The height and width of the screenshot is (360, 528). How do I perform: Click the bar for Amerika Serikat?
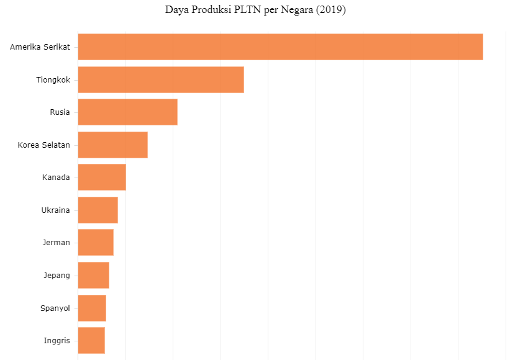point(280,47)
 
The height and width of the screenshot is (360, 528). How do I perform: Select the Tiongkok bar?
point(161,79)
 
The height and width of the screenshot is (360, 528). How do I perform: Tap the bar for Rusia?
point(127,112)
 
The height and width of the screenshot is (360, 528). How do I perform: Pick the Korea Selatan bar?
point(112,145)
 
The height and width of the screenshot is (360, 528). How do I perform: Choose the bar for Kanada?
point(102,178)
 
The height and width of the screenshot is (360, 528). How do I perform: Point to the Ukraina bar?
point(98,210)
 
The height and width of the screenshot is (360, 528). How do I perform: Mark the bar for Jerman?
point(96,242)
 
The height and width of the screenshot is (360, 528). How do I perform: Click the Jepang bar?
point(93,275)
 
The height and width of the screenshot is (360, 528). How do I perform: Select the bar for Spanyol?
point(92,308)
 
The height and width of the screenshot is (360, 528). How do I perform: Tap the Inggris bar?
point(91,340)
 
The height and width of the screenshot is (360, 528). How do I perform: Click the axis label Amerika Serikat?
point(40,47)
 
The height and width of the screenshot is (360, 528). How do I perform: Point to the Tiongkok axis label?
point(53,79)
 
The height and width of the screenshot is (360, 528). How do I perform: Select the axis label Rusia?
point(60,112)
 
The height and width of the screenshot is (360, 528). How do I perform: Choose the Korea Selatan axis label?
point(43,145)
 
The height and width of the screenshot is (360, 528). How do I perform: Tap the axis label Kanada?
point(56,178)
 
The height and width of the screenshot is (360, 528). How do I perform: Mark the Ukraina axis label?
point(55,210)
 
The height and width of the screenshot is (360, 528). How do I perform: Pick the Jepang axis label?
point(56,275)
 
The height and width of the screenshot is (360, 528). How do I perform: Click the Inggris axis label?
point(57,340)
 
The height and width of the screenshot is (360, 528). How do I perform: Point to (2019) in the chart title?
point(330,10)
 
